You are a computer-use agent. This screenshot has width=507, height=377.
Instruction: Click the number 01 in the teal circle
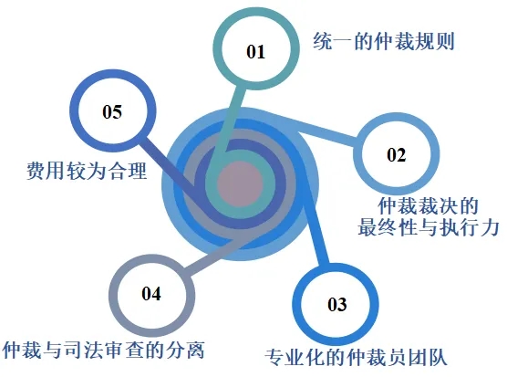pyautogui.click(x=255, y=52)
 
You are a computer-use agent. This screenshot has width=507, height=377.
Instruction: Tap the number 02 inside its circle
pyautogui.click(x=396, y=154)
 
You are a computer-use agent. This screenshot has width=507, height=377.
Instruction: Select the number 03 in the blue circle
pyautogui.click(x=336, y=305)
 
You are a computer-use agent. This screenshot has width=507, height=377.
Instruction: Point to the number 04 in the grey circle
pyautogui.click(x=151, y=294)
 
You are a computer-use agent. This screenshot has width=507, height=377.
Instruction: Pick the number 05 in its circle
pyautogui.click(x=112, y=111)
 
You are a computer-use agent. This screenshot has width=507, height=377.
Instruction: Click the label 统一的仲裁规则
pyautogui.click(x=384, y=41)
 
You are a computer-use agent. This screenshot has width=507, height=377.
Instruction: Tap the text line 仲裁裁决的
pyautogui.click(x=428, y=205)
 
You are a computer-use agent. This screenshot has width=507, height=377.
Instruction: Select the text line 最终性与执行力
pyautogui.click(x=428, y=227)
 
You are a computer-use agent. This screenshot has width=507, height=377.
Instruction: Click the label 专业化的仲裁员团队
pyautogui.click(x=356, y=357)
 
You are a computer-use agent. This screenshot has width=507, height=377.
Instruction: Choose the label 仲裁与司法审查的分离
pyautogui.click(x=103, y=350)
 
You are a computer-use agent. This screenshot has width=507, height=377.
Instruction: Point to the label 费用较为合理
pyautogui.click(x=87, y=170)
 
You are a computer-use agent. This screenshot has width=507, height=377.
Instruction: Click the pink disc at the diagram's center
pyautogui.click(x=240, y=183)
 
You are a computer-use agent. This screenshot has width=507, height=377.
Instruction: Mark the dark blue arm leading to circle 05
pyautogui.click(x=170, y=163)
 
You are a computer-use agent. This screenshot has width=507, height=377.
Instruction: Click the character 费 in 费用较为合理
pyautogui.click(x=36, y=170)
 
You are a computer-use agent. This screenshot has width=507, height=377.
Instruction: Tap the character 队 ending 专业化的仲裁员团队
pyautogui.click(x=438, y=357)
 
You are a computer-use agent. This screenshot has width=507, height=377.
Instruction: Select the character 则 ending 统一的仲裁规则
pyautogui.click(x=445, y=41)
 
